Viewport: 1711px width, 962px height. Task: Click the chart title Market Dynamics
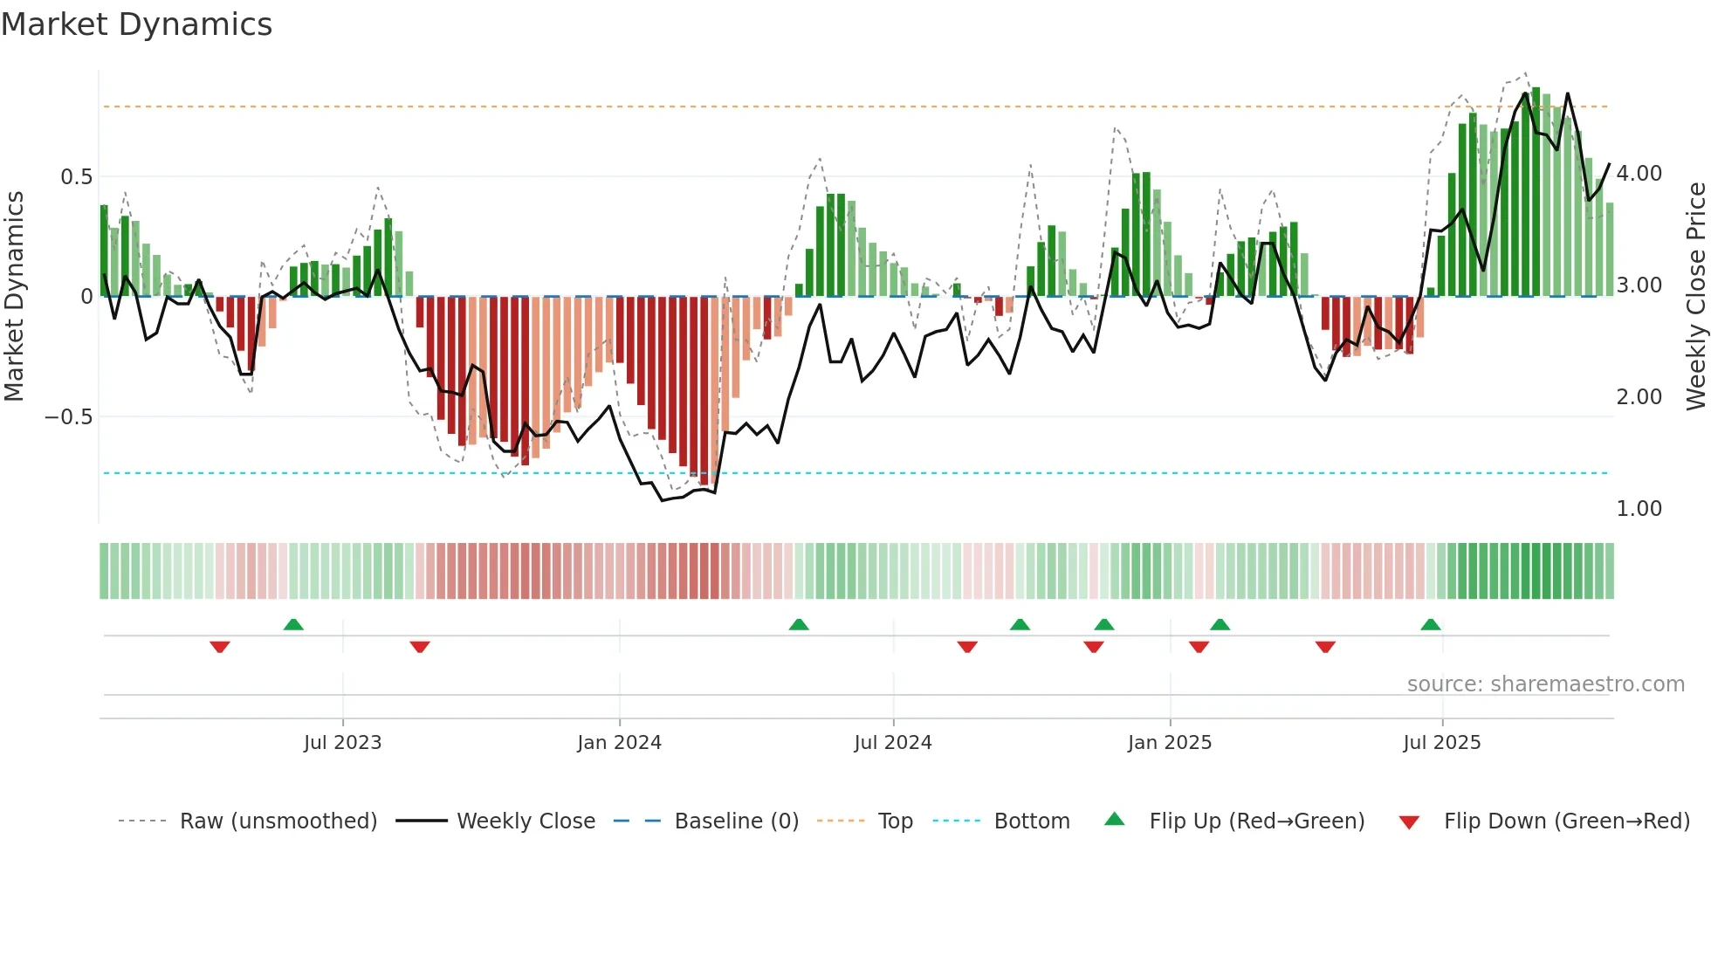pyautogui.click(x=136, y=24)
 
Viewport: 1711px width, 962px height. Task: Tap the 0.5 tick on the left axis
pyautogui.click(x=76, y=177)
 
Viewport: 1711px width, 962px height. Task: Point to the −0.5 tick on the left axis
pyautogui.click(x=68, y=417)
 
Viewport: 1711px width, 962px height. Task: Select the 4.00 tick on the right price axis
pyautogui.click(x=1639, y=174)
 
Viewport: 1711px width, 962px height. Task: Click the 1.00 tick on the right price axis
pyautogui.click(x=1639, y=509)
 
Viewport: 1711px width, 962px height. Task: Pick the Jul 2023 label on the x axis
pyautogui.click(x=342, y=743)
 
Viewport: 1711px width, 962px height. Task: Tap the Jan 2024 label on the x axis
pyautogui.click(x=619, y=743)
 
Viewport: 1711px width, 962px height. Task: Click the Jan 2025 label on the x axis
pyautogui.click(x=1169, y=743)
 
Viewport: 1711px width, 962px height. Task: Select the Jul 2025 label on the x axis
pyautogui.click(x=1441, y=743)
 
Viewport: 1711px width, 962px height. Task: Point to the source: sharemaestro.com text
pyautogui.click(x=1545, y=684)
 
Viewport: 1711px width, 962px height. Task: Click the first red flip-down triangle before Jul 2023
pyautogui.click(x=220, y=647)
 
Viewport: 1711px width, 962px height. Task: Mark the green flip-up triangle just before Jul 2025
pyautogui.click(x=1430, y=624)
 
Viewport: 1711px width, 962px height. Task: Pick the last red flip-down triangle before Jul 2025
pyautogui.click(x=1325, y=647)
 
